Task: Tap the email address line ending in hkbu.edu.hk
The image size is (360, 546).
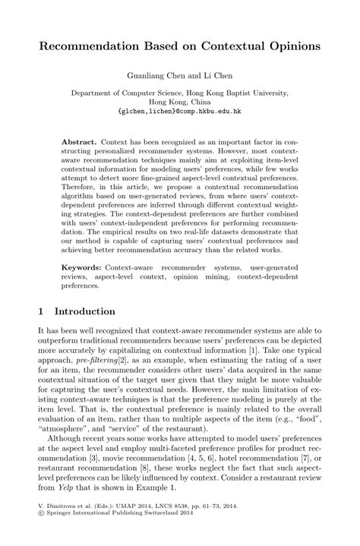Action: [x=180, y=111]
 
